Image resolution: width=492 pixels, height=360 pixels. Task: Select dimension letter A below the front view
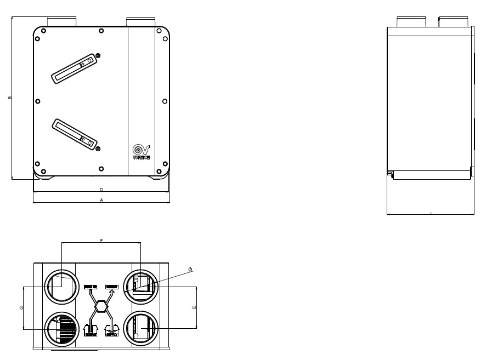pos(101,201)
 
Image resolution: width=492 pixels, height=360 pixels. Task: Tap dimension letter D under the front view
pos(101,190)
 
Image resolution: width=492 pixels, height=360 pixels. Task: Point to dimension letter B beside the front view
pos(9,98)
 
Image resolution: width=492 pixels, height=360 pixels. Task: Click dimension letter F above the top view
pos(101,240)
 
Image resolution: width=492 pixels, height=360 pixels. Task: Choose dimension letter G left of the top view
pos(21,308)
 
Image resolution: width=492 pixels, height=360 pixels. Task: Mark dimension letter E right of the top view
pos(194,308)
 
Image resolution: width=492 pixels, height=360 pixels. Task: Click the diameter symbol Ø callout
pos(190,269)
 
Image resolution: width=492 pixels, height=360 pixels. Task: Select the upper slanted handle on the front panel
pos(75,69)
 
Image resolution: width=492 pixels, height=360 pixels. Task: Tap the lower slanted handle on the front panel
pos(75,133)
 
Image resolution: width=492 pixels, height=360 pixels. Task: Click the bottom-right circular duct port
pos(141,328)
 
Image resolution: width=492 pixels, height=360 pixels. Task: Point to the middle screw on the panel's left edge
pos(37,101)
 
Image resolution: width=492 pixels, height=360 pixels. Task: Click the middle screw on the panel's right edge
pos(165,101)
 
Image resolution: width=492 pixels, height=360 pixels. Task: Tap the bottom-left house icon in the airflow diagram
pos(90,329)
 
